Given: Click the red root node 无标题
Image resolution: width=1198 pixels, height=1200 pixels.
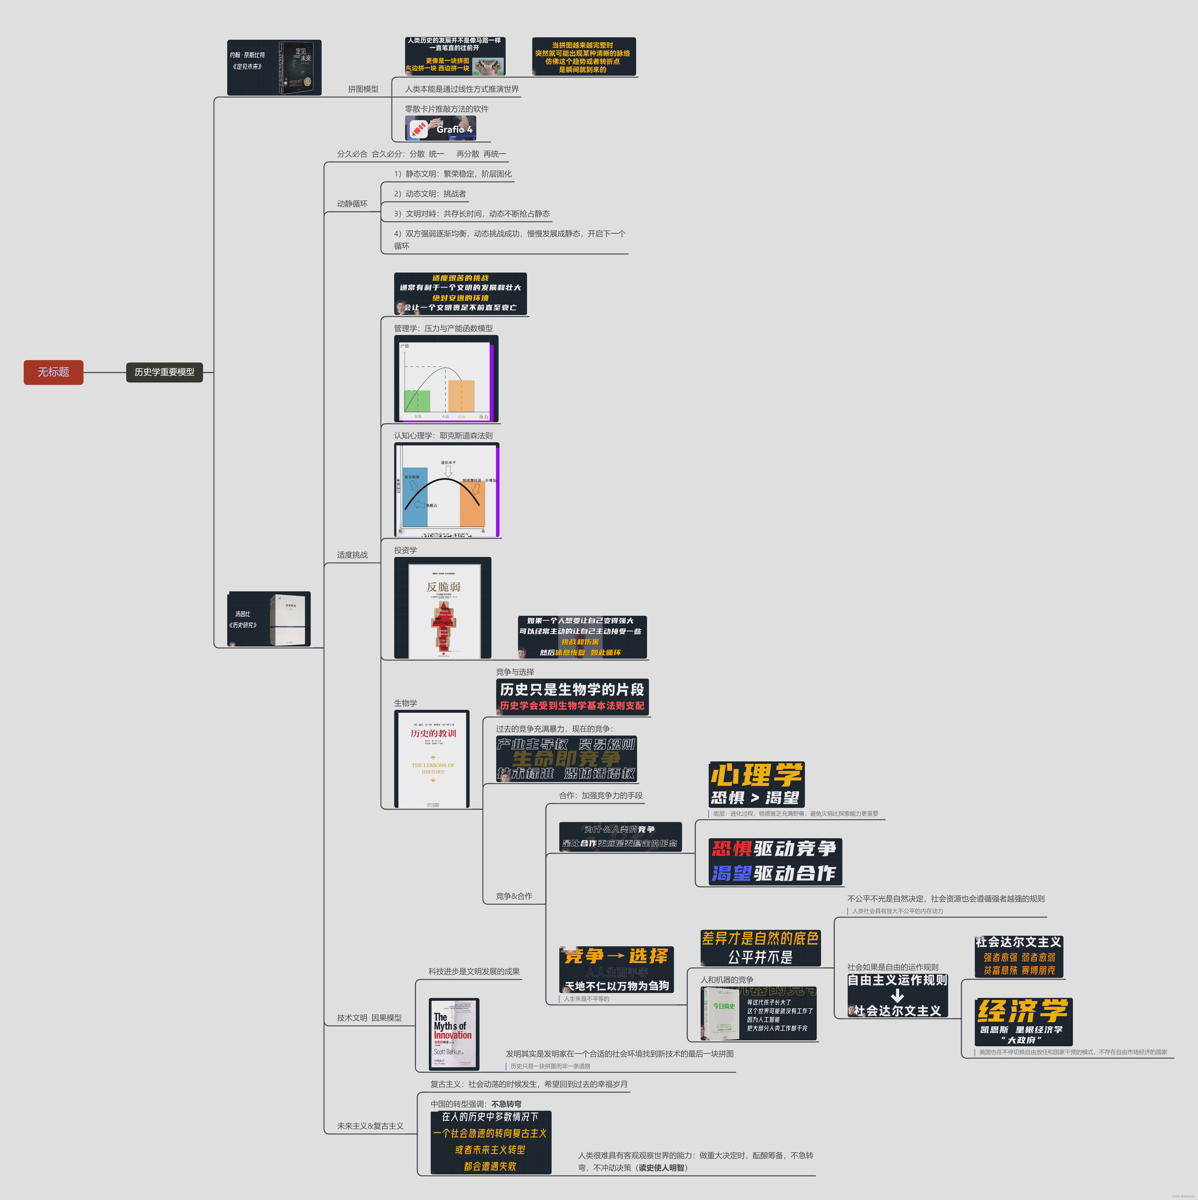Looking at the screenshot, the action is click(53, 372).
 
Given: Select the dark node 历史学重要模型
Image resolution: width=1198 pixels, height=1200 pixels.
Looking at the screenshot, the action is click(165, 372).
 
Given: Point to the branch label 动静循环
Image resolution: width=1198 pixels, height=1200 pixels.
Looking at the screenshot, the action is click(352, 204).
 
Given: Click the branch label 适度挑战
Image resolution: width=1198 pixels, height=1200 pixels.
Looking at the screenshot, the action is click(352, 555).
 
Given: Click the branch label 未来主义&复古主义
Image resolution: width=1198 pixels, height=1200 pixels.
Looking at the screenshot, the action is click(370, 1126).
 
